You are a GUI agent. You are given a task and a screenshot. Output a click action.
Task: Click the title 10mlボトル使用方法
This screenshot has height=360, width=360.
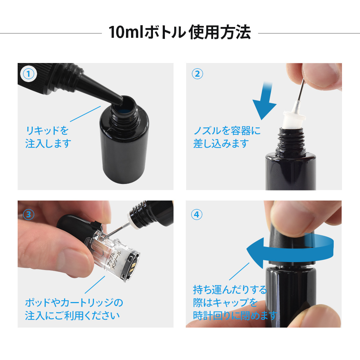click(x=180, y=32)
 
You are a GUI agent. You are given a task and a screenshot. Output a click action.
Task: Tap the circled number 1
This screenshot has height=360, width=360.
click(x=28, y=74)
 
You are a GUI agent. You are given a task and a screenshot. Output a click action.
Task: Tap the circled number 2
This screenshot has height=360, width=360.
click(x=197, y=74)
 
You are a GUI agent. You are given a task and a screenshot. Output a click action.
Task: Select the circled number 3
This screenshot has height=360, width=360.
click(x=29, y=215)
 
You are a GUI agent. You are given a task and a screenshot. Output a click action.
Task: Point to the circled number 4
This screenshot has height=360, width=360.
click(x=197, y=215)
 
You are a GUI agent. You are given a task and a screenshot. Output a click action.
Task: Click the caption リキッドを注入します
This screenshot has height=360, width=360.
click(x=48, y=137)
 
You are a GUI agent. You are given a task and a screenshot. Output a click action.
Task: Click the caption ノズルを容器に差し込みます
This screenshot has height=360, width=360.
click(x=227, y=137)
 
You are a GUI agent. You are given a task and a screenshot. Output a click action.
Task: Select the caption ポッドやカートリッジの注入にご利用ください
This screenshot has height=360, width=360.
click(x=74, y=309)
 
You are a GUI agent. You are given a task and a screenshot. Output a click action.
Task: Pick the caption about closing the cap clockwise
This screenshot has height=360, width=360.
click(x=235, y=303)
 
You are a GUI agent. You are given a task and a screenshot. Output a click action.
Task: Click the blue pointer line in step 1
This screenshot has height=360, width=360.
click(x=85, y=114)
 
